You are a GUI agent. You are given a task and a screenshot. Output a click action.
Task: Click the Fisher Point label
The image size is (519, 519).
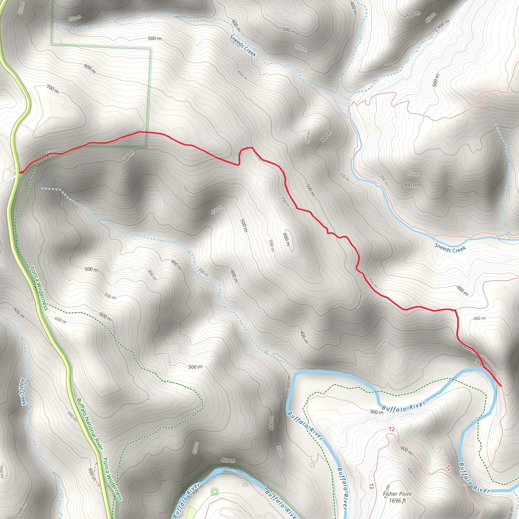pos(397,494)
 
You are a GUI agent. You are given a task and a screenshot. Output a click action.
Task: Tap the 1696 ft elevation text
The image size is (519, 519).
pos(397,501)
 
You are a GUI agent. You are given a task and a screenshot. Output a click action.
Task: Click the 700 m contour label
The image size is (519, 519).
pos(53,89)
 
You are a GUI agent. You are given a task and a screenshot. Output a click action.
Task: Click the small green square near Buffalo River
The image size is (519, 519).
pos(214,492)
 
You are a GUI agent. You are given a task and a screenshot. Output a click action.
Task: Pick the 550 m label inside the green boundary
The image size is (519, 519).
pos(75,18)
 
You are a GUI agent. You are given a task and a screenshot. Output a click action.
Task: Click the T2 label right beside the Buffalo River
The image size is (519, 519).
pos(449,468)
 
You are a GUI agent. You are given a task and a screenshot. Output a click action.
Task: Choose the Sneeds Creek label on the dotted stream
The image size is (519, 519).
pos(243,46)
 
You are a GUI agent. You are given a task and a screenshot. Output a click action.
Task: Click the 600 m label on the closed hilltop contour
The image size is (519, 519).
pos(286,239)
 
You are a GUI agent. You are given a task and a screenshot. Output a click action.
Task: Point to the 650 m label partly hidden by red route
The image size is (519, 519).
pos(53,152)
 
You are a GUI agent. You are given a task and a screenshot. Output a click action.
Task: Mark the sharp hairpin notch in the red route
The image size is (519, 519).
pos(239,164)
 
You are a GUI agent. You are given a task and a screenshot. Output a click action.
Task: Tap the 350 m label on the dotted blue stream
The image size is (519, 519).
pos(203,272)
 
